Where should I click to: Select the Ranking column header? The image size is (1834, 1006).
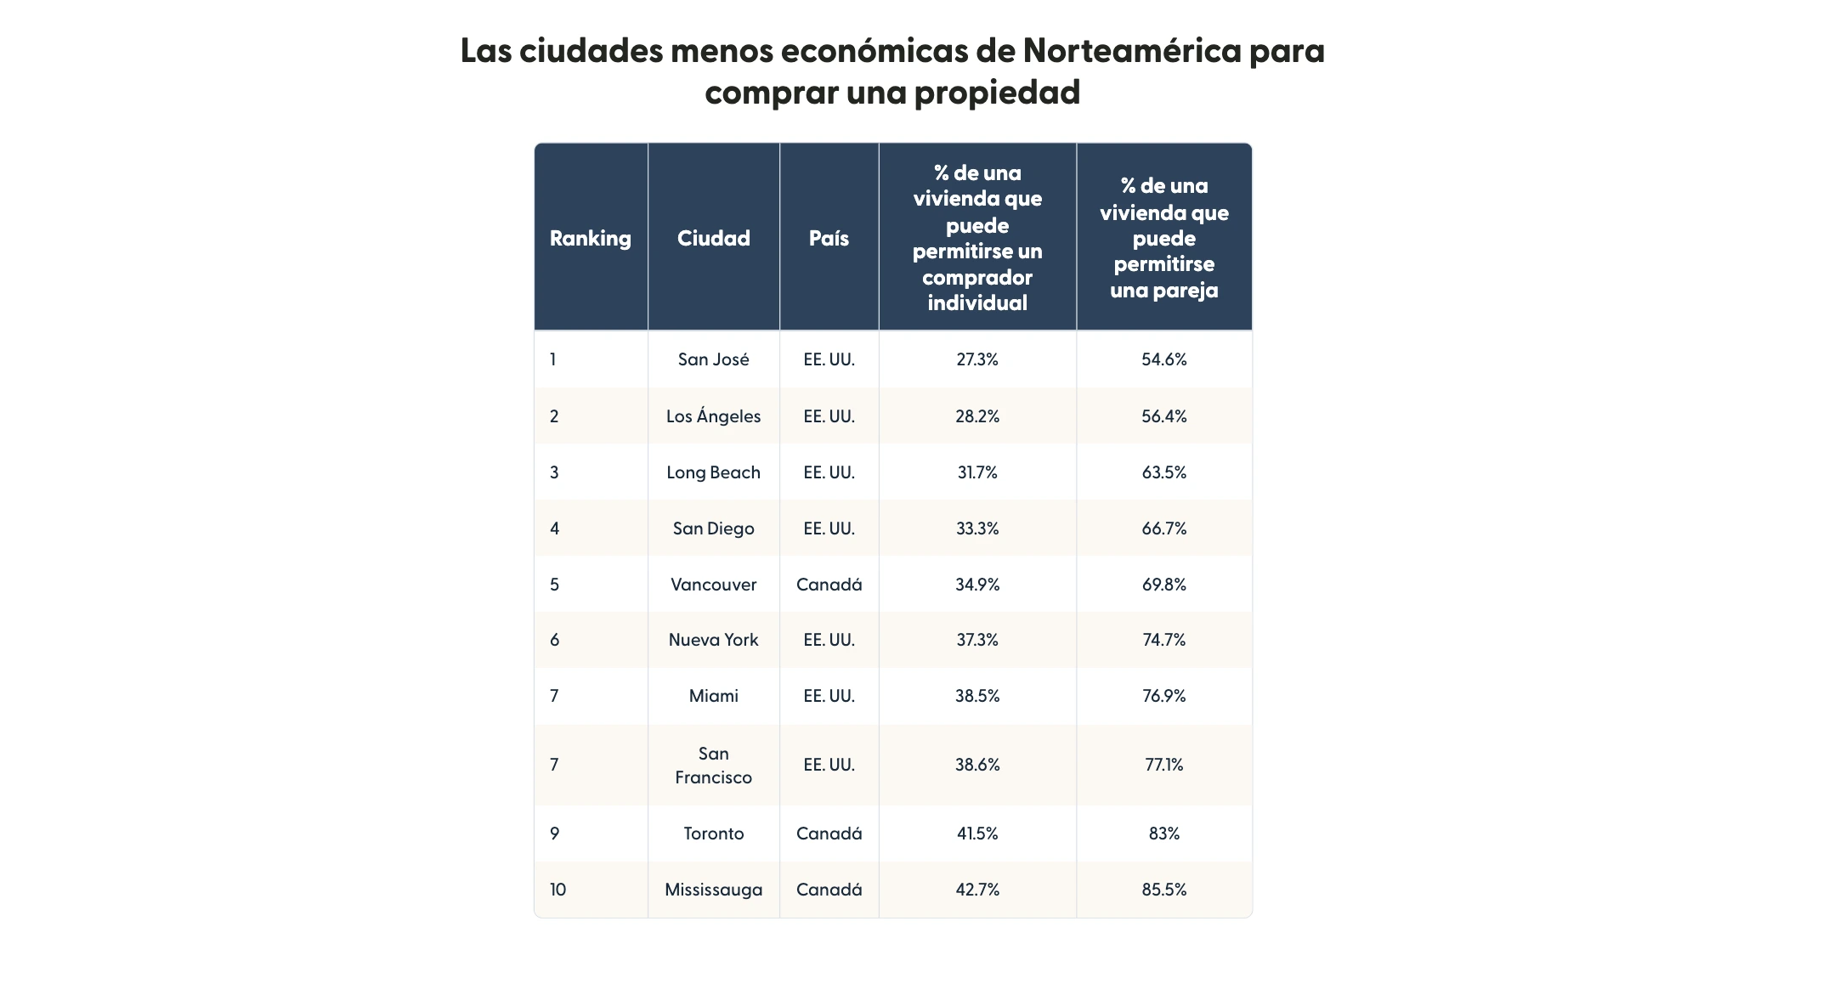(590, 238)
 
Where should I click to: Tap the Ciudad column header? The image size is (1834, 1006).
(713, 238)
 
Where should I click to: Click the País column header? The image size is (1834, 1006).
(829, 238)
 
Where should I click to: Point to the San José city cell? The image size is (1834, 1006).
(713, 359)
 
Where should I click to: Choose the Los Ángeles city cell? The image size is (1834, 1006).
(713, 416)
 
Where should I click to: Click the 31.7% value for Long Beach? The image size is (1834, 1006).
(977, 472)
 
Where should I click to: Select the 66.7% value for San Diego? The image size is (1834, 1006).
(1163, 528)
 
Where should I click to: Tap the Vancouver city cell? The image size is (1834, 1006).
(713, 585)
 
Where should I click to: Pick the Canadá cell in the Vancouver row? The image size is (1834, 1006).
(829, 585)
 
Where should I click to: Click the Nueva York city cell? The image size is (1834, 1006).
(713, 640)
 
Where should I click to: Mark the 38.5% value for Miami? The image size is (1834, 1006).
(977, 696)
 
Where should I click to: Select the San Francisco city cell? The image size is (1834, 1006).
(713, 765)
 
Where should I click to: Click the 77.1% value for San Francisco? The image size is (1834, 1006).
(1163, 765)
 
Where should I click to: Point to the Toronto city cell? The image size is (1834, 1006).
(713, 834)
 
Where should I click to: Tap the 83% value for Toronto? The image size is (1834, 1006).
(1163, 834)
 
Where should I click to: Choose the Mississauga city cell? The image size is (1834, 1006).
(713, 890)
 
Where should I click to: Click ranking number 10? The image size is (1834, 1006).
(558, 890)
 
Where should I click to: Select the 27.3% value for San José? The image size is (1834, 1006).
(977, 359)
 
